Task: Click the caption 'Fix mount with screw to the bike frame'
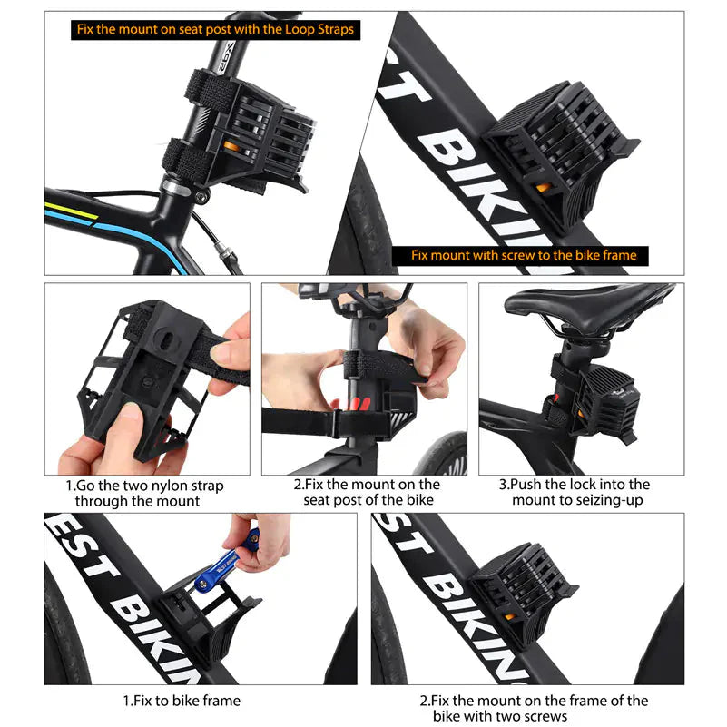[x=523, y=255]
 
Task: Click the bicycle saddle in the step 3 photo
[x=586, y=304]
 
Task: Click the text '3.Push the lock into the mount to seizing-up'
[x=581, y=493]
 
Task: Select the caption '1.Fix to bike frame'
[x=182, y=701]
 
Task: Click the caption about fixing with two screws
[x=534, y=708]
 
